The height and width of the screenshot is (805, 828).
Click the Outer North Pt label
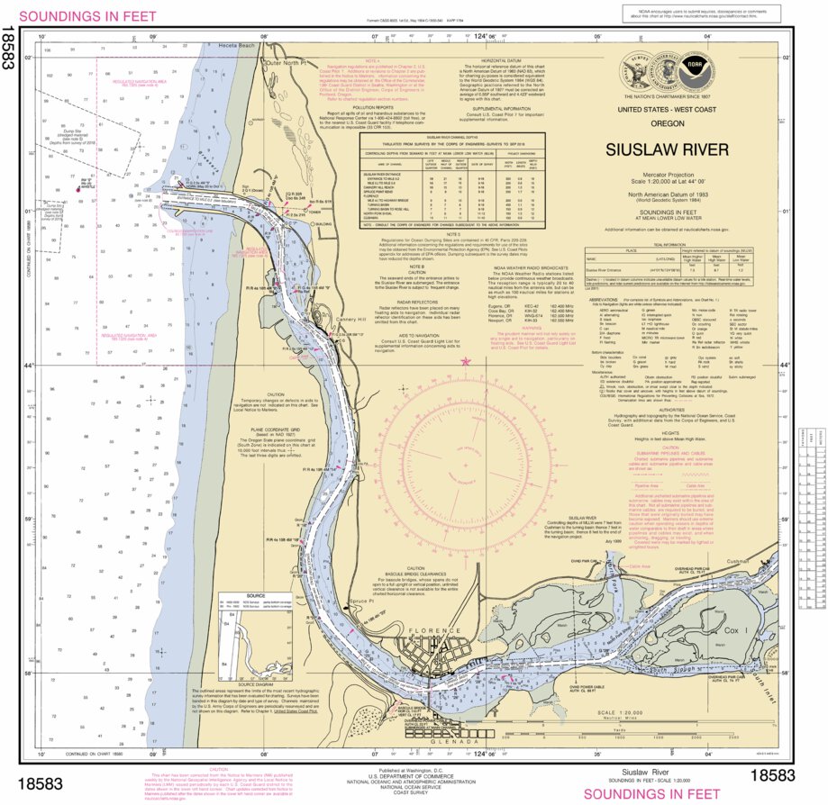(x=287, y=64)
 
